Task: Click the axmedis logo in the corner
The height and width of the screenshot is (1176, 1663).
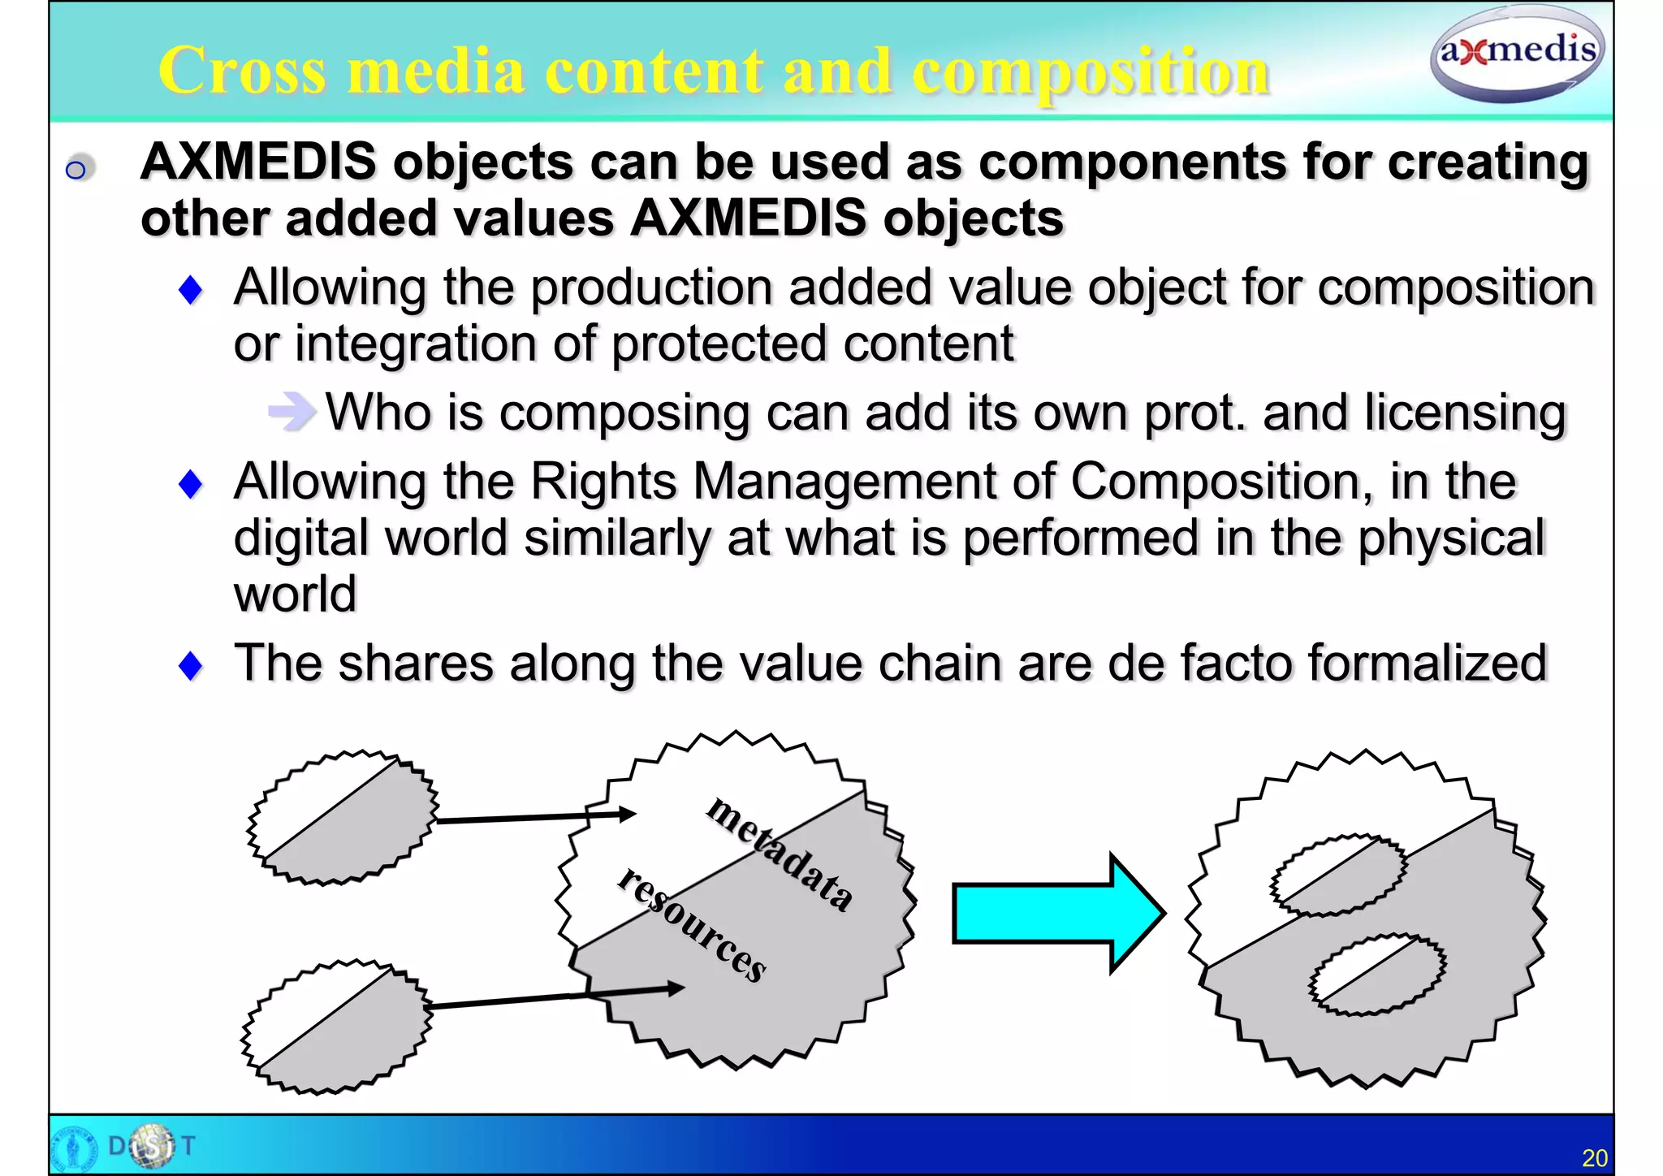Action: coord(1516,54)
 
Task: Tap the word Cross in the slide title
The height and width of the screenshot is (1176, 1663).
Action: coord(242,71)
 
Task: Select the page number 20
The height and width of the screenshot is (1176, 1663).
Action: coord(1594,1157)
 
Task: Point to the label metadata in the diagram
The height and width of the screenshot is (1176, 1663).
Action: coord(780,853)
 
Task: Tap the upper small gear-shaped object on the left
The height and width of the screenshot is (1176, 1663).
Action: coord(342,817)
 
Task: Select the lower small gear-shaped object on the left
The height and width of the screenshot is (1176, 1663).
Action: coord(336,1027)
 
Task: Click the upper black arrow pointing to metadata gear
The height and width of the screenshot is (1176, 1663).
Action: coord(536,817)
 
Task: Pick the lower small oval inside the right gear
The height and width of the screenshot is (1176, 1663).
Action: coord(1376,975)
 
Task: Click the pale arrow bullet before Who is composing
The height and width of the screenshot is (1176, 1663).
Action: coord(291,411)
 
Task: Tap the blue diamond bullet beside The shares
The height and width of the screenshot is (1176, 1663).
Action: coord(191,666)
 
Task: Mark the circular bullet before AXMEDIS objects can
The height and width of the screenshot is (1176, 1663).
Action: coord(76,169)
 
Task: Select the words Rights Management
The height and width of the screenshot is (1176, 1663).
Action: coord(762,482)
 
